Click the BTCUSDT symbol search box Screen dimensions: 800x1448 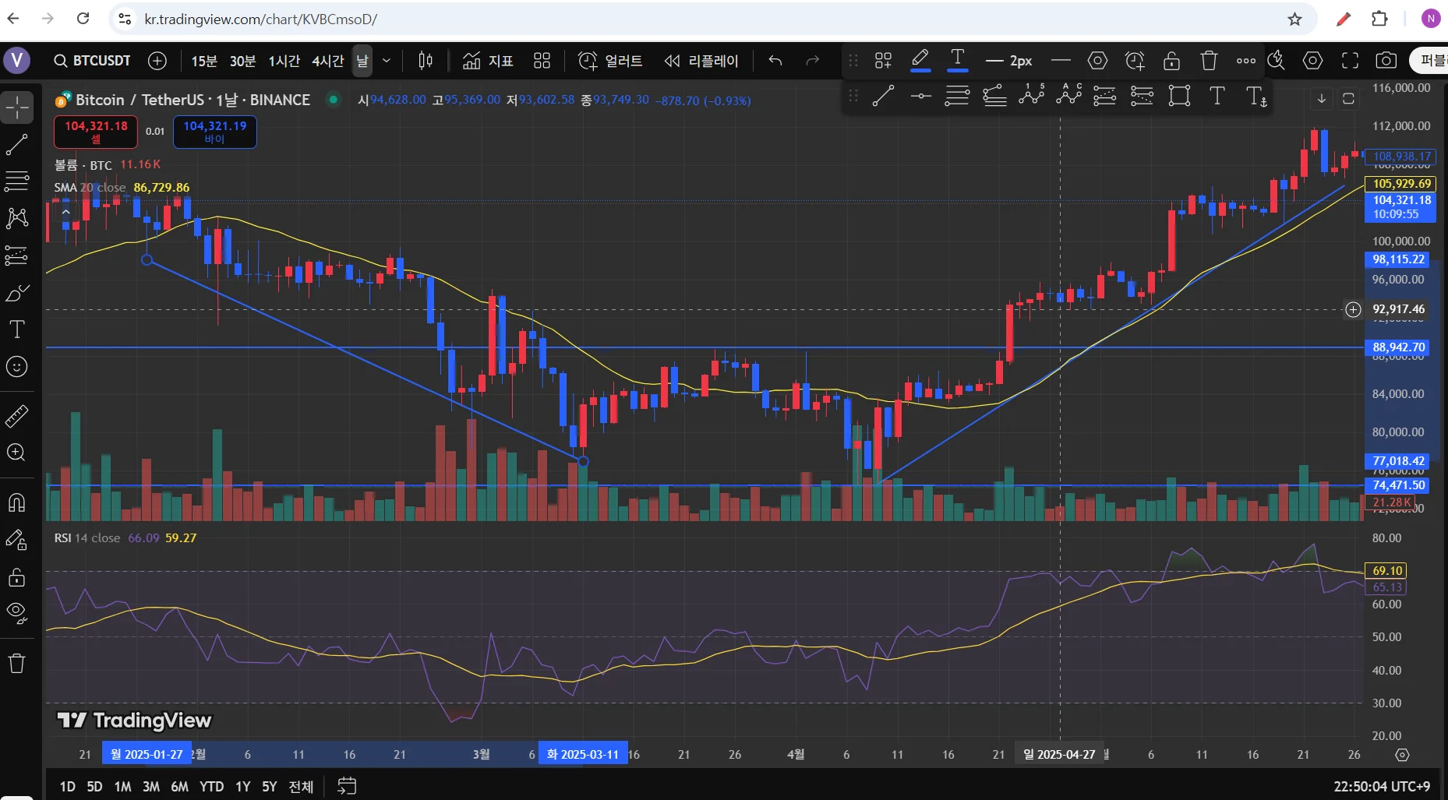tap(92, 61)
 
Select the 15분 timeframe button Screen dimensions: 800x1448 tap(204, 61)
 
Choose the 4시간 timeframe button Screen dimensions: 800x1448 tap(327, 61)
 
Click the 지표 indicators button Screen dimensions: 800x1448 tap(488, 61)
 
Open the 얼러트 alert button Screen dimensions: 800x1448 tap(611, 61)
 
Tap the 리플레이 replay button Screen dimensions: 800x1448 tap(701, 61)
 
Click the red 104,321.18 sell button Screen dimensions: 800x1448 tap(96, 132)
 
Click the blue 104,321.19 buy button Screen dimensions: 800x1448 tap(214, 132)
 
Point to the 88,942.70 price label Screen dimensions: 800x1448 tap(1399, 347)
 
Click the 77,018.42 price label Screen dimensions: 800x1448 tap(1399, 461)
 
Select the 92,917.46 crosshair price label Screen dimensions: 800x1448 tap(1399, 309)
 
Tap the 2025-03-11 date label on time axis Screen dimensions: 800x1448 tap(582, 754)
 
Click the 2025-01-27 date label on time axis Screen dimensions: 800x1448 tap(147, 754)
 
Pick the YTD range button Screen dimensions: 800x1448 tap(211, 787)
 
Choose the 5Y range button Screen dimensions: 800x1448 tap(269, 787)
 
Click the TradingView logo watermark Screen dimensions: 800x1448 tap(135, 721)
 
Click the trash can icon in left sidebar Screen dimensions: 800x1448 tap(16, 664)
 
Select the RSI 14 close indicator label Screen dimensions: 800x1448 tap(87, 538)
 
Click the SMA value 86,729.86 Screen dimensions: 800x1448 tap(161, 188)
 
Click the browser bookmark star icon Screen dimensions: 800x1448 tap(1294, 19)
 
